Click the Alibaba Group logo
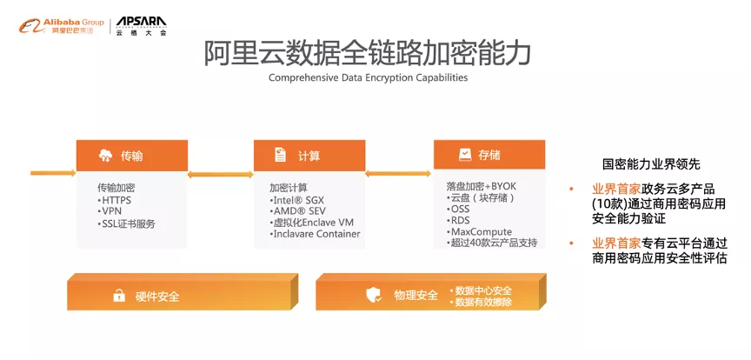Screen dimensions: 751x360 point(62,26)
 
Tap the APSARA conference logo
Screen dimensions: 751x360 point(142,26)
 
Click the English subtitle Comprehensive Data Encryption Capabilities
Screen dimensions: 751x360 point(368,77)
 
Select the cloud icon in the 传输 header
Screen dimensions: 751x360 point(105,156)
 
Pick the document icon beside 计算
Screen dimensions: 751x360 point(280,155)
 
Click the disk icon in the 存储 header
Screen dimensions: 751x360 point(465,155)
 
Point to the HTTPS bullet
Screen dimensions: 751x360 point(115,200)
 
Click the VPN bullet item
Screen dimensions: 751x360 point(110,211)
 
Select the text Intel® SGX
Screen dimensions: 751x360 point(297,200)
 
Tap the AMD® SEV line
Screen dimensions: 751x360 point(297,211)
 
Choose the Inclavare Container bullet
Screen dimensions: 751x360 point(315,234)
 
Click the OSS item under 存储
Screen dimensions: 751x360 point(458,209)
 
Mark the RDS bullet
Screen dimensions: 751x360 point(458,221)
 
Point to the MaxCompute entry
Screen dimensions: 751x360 point(480,232)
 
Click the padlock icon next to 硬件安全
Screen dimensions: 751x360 point(119,296)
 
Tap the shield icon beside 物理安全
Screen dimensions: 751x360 point(374,295)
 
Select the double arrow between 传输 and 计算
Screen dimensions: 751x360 point(220,175)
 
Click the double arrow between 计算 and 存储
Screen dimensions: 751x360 point(398,173)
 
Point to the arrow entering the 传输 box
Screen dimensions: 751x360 point(53,172)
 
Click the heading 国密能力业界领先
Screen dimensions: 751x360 point(651,164)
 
